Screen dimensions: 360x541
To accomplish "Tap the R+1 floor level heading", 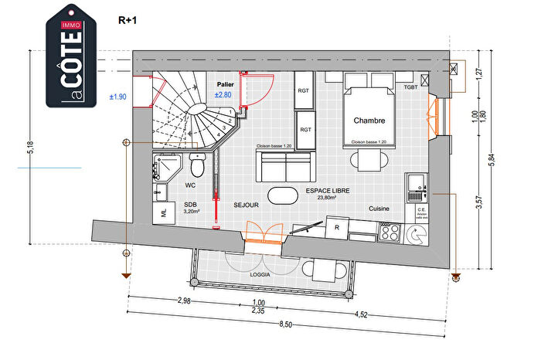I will point(126,21).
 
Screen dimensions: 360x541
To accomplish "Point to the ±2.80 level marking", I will point(223,94).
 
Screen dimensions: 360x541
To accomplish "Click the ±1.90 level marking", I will point(117,97).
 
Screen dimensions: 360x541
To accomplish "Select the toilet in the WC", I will point(198,165).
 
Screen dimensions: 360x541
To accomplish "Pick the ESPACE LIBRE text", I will point(326,190).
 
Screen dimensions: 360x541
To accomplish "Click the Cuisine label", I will point(379,209).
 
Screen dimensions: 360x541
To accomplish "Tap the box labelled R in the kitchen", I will point(337,227).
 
